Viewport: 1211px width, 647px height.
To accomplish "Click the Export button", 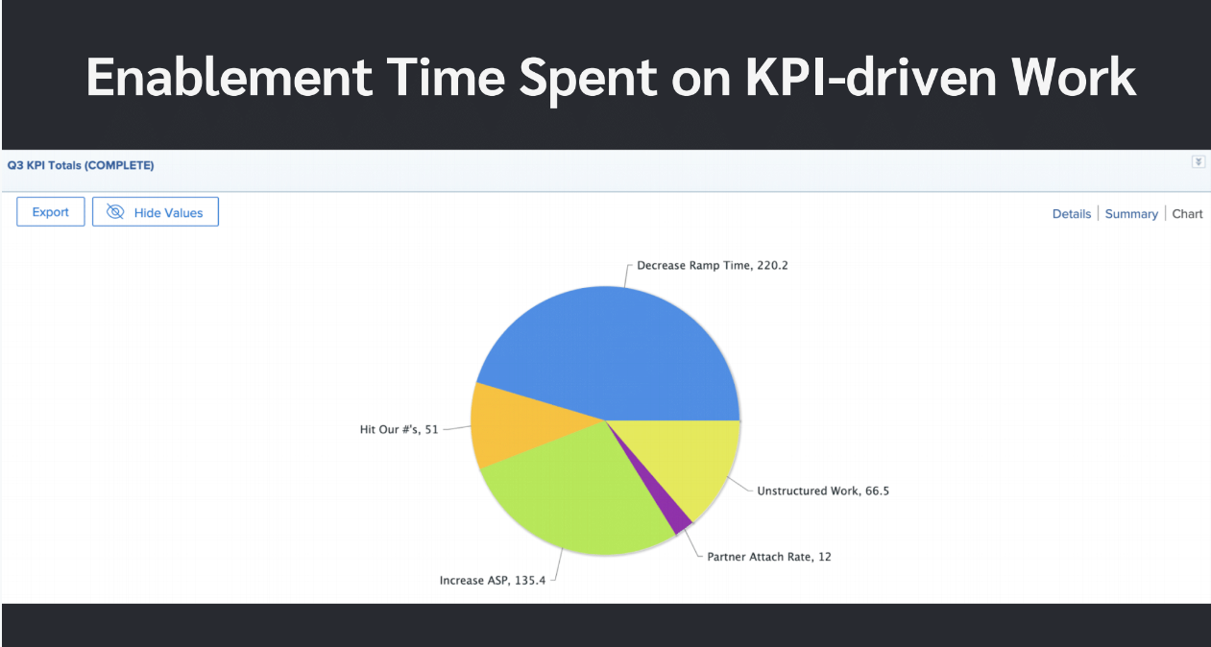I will click(50, 212).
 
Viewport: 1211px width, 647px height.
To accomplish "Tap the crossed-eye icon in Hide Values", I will click(115, 212).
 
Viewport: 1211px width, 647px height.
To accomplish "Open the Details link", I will click(1071, 214).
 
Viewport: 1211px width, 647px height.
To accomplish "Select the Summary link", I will click(1130, 214).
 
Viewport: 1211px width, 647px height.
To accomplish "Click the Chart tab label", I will click(1187, 214).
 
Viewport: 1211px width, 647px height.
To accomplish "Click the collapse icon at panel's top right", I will click(1198, 162).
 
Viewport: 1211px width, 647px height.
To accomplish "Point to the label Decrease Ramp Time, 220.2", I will click(712, 265).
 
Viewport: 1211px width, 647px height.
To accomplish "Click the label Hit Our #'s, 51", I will click(399, 429).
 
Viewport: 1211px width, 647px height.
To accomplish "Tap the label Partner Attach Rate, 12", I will click(768, 556).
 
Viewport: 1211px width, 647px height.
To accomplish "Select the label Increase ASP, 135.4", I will click(492, 580).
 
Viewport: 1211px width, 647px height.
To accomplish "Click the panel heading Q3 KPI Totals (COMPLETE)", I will click(80, 165).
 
